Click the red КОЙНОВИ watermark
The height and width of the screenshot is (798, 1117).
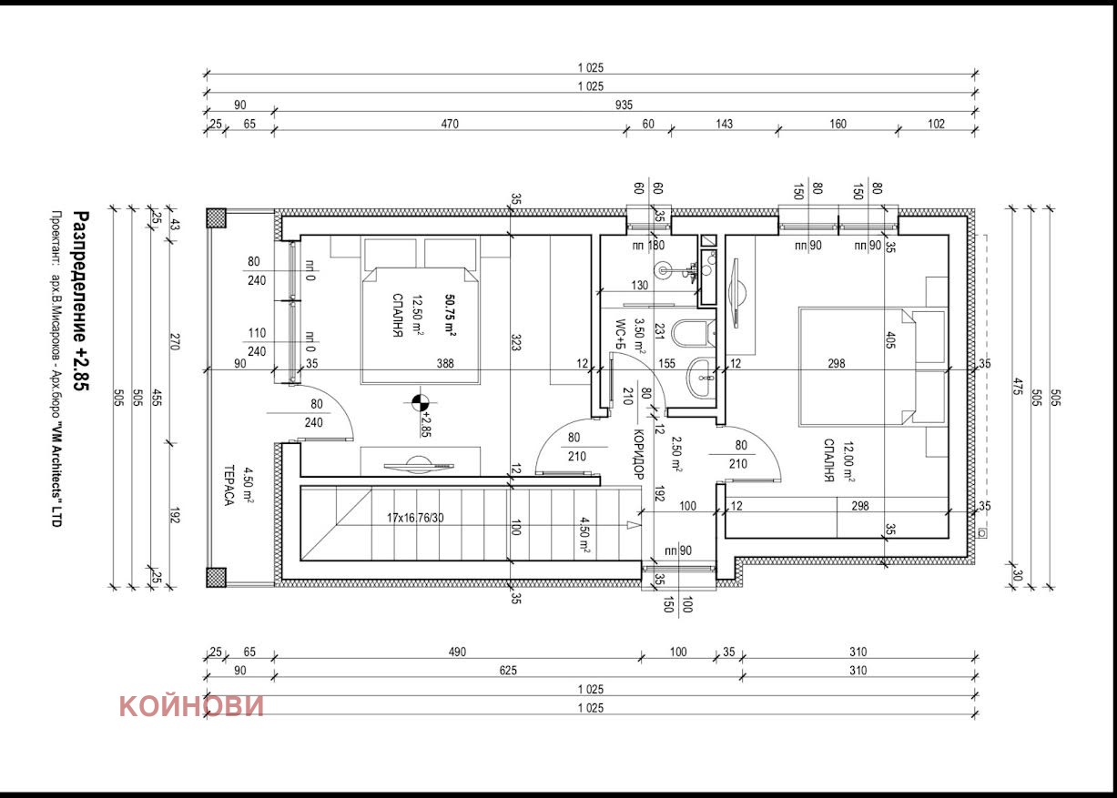point(191,706)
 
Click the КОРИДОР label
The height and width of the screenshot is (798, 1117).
point(638,454)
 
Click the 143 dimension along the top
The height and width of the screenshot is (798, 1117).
point(724,124)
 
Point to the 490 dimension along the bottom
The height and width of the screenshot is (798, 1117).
point(457,652)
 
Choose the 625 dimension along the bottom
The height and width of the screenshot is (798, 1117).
point(507,671)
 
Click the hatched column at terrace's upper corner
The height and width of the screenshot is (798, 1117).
point(216,217)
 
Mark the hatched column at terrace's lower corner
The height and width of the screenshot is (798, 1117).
point(216,577)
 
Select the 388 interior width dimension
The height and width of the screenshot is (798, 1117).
point(445,364)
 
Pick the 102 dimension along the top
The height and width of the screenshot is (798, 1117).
point(936,124)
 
